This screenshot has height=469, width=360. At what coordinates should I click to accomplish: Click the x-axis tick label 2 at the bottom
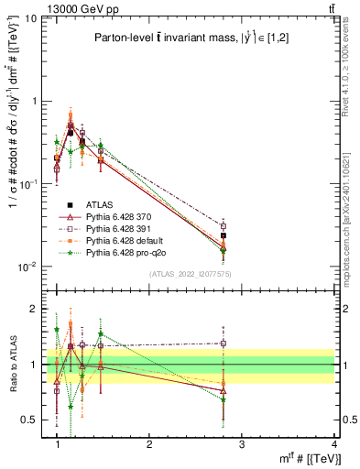click(149, 443)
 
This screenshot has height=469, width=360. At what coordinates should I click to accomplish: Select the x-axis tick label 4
click(333, 443)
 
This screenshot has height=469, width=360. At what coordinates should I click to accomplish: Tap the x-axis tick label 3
click(241, 443)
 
